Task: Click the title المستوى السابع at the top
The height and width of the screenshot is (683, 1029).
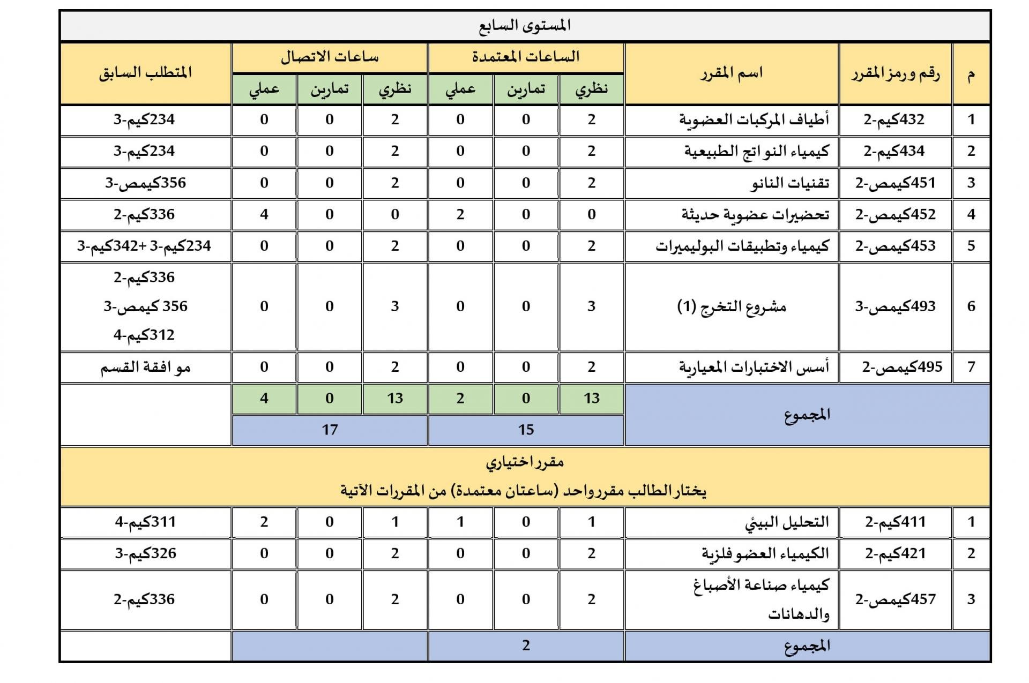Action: [525, 26]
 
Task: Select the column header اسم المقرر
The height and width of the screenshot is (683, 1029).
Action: [731, 73]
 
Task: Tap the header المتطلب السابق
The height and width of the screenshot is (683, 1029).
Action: [145, 73]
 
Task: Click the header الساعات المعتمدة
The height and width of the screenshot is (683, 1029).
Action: [526, 57]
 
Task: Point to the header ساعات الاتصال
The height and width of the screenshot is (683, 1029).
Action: [330, 57]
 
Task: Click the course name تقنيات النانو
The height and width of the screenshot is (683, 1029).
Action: [789, 183]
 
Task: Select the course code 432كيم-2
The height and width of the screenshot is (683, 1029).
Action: [894, 119]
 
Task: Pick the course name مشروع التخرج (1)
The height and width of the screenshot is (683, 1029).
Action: [732, 306]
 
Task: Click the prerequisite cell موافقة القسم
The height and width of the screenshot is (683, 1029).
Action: [145, 367]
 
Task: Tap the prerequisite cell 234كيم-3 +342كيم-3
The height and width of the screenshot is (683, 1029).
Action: [145, 246]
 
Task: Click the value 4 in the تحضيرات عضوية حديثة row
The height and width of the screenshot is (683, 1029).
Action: [264, 215]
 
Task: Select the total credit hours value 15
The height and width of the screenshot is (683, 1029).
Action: [526, 430]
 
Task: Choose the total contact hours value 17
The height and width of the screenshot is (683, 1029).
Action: [330, 430]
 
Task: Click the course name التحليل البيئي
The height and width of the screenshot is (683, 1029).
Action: [787, 522]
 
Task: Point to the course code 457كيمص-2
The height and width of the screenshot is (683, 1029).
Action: [896, 599]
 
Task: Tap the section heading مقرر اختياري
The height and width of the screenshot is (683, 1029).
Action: [525, 462]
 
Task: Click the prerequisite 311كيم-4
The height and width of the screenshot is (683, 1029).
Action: [145, 522]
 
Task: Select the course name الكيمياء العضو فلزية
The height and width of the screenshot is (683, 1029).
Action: [765, 553]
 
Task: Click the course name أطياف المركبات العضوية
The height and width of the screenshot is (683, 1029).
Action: [754, 119]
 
